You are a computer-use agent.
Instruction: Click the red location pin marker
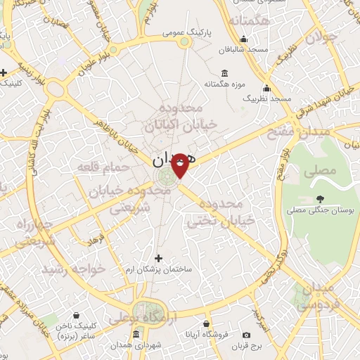click(x=180, y=165)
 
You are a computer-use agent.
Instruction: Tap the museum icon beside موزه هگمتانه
click(x=224, y=74)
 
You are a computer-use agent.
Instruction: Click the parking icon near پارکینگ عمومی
click(x=185, y=42)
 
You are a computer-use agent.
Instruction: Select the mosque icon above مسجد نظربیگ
click(x=266, y=89)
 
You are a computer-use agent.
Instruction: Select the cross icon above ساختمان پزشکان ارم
click(x=157, y=258)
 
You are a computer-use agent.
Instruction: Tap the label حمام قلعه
click(x=110, y=167)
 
